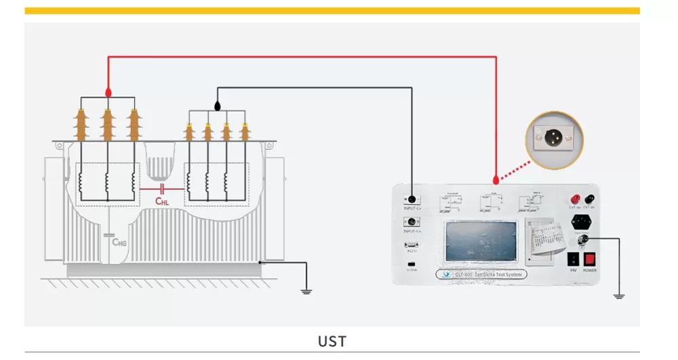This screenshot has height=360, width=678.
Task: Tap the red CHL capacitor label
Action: click(x=163, y=201)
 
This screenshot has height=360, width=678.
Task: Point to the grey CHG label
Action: click(x=120, y=241)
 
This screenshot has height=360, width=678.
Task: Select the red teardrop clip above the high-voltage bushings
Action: click(x=108, y=91)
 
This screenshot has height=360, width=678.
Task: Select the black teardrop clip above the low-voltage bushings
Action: click(x=217, y=106)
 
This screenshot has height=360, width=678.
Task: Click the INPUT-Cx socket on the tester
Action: click(x=410, y=199)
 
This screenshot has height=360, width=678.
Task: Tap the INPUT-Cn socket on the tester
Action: click(x=410, y=222)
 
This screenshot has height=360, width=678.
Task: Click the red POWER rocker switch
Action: click(x=590, y=258)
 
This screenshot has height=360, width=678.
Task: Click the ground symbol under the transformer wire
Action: click(x=306, y=292)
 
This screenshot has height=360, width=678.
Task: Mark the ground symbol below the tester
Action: click(x=618, y=296)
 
